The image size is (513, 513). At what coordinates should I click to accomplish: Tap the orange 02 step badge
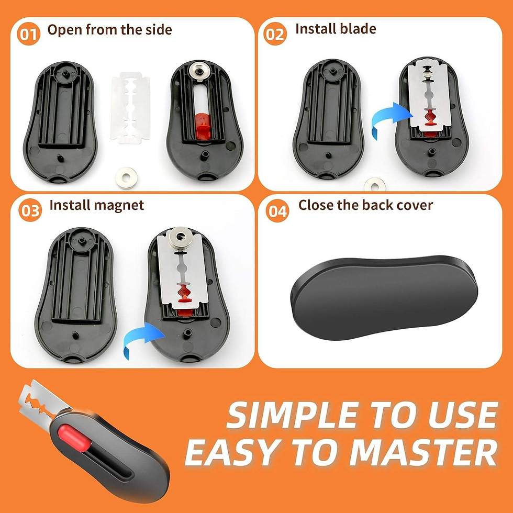pos(275,35)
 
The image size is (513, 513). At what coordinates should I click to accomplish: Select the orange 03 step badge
pos(31,211)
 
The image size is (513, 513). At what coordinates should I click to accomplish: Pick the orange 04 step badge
pos(277,211)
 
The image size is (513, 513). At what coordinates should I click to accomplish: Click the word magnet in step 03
pos(120,205)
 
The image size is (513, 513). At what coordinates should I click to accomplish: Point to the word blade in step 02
pos(358,29)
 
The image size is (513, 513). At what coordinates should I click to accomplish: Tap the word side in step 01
pos(154,30)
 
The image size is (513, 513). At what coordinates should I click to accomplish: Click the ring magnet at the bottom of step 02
pos(375,184)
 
